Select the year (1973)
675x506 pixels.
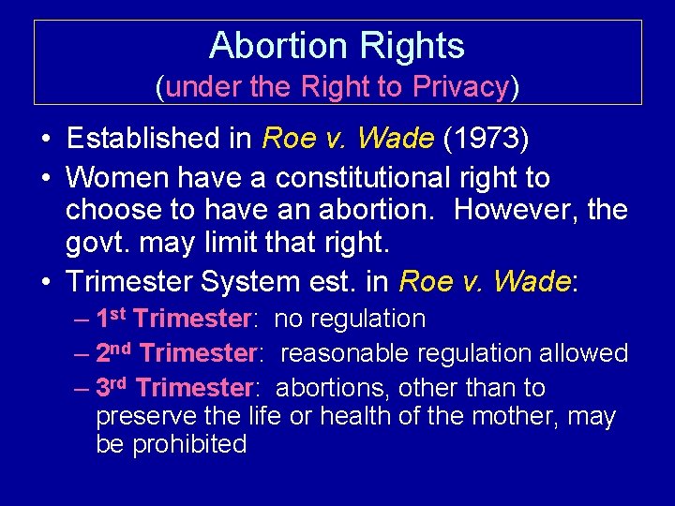[x=487, y=139]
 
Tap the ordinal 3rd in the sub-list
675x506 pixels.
[x=112, y=387]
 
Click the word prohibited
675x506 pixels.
[x=189, y=444]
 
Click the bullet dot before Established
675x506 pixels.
[x=45, y=140]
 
